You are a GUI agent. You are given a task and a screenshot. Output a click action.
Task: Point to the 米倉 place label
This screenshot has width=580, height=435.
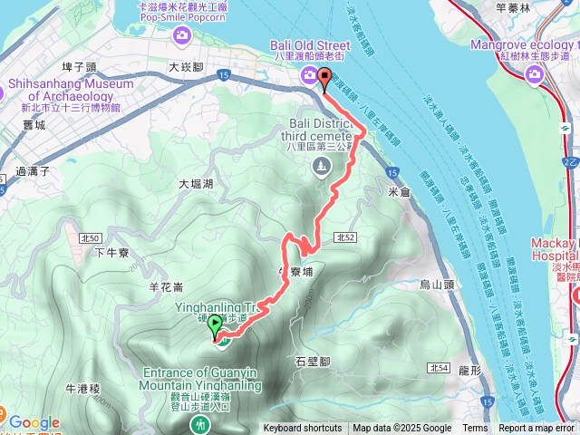coord(399,192)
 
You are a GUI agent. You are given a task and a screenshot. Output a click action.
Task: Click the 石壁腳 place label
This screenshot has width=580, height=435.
coord(314,361)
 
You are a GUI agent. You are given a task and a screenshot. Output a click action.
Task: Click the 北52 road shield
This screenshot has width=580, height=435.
coord(343,237)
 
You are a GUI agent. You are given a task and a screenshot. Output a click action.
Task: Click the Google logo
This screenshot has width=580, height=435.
coord(34,422)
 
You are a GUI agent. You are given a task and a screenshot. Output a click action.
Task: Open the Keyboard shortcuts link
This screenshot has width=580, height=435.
coord(303,429)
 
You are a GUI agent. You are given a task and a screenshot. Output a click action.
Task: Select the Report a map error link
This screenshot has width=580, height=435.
coord(536,429)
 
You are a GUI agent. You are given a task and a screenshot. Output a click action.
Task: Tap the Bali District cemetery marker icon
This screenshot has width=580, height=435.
coord(320,165)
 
